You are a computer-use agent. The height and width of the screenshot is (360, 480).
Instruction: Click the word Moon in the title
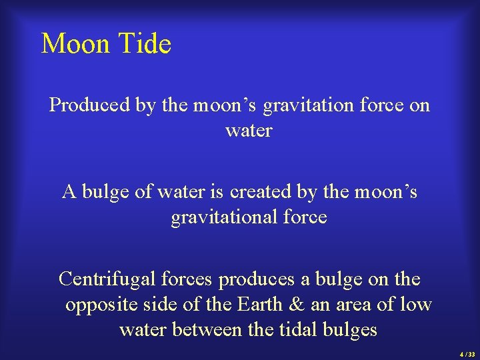pyautogui.click(x=75, y=44)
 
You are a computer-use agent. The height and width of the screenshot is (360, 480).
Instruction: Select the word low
pyautogui.click(x=416, y=305)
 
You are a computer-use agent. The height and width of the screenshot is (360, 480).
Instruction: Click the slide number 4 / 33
pyautogui.click(x=467, y=354)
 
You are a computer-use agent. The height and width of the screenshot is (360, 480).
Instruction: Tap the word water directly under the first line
pyautogui.click(x=249, y=131)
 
